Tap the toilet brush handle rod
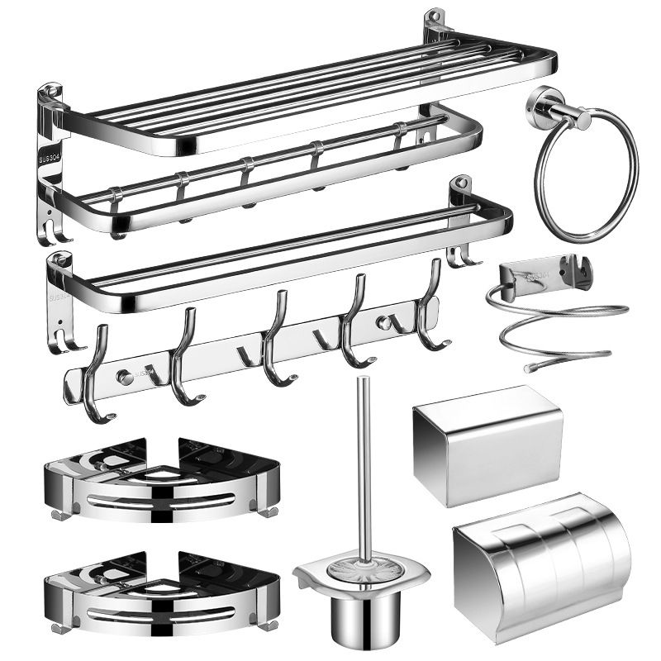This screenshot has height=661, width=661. (x=361, y=463)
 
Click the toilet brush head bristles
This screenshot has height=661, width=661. (x=361, y=569)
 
